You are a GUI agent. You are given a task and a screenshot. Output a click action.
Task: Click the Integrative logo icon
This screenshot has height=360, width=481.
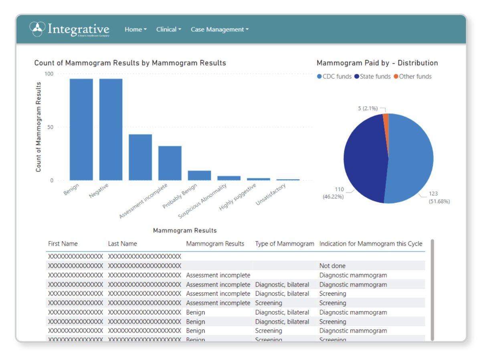coord(37,29)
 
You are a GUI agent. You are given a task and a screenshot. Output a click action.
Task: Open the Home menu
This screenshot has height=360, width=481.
coord(135,29)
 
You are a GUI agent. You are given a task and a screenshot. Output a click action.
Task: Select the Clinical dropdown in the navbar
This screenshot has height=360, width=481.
coord(169,29)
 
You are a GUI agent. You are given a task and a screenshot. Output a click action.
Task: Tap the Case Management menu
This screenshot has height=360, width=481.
coord(220,29)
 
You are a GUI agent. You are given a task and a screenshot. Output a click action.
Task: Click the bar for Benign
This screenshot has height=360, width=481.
coord(81,129)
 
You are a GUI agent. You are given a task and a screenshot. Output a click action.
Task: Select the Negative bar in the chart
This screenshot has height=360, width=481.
coord(111,129)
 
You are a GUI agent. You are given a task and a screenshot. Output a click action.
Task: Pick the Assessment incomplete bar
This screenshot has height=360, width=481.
coord(140,157)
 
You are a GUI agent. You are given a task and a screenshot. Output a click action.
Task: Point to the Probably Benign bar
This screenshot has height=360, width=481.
coord(170,163)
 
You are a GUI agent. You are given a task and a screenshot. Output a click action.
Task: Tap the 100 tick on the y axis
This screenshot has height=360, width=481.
coord(49,74)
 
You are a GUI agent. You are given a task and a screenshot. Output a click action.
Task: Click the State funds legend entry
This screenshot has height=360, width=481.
coord(372,77)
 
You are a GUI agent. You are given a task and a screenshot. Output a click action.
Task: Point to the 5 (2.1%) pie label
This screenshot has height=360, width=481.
coord(366,108)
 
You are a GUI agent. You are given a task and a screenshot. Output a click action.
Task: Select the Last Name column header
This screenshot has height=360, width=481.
coord(122,244)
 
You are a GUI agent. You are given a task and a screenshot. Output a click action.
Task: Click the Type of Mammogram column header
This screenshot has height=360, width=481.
coord(285,244)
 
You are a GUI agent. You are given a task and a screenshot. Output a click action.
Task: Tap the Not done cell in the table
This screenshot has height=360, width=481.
coord(332,266)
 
